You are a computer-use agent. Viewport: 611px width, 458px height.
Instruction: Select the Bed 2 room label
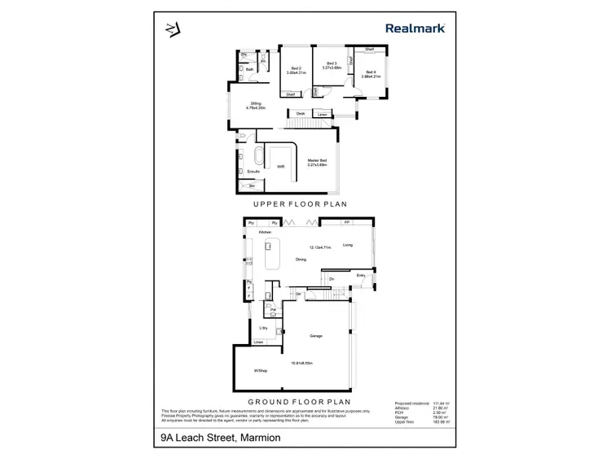294,68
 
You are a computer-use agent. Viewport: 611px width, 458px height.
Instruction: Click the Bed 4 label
371,72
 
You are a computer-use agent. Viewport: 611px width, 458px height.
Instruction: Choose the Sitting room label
256,103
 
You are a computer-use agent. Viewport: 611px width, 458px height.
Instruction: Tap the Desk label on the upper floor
300,113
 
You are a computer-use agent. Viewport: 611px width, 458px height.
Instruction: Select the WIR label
281,167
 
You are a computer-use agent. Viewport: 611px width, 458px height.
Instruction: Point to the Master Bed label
317,159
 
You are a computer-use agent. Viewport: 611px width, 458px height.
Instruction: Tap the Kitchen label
265,233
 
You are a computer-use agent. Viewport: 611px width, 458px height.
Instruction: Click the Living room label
348,244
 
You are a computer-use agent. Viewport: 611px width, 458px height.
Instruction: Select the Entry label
361,275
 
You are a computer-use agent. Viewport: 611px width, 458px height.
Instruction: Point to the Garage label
317,335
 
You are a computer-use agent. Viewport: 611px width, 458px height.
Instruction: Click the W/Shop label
261,371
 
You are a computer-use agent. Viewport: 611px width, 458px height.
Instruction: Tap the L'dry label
263,327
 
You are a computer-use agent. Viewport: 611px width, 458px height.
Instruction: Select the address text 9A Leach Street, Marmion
220,438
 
